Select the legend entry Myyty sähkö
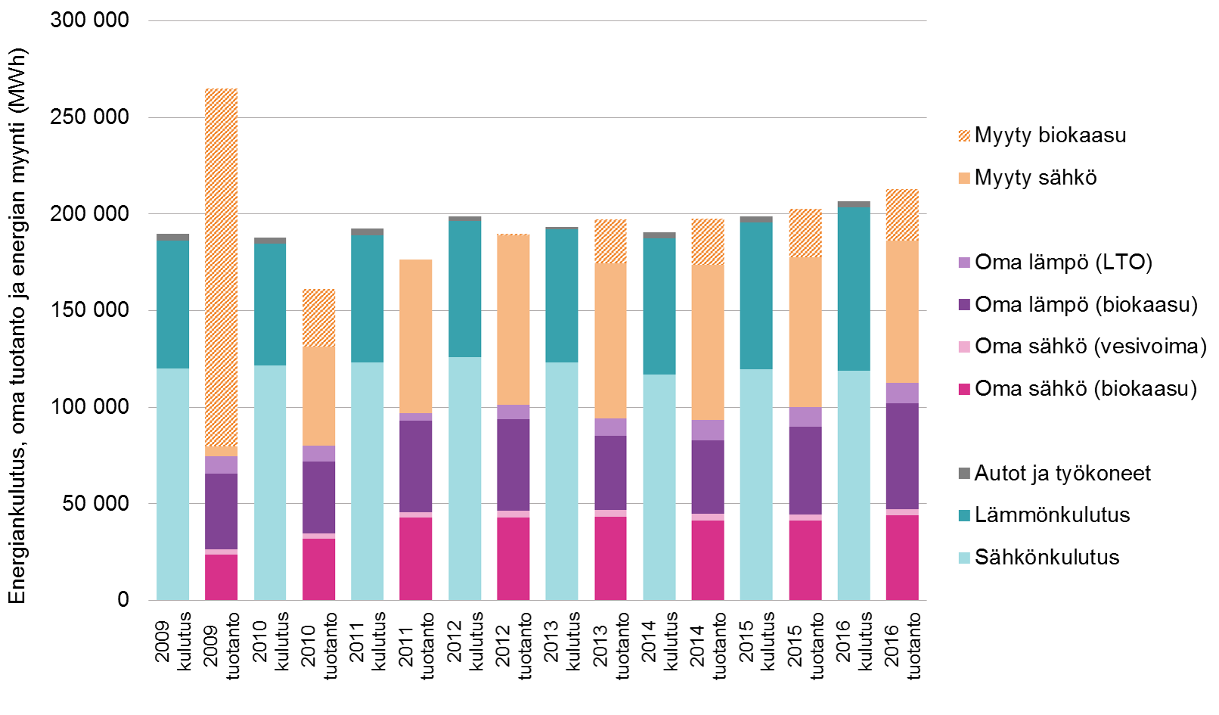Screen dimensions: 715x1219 1035,178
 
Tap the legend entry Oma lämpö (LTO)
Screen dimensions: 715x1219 1062,263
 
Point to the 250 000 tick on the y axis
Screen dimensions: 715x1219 89,117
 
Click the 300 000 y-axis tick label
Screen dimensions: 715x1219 89,20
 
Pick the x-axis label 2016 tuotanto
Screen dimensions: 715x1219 903,645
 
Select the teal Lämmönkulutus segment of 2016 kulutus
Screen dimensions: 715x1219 854,288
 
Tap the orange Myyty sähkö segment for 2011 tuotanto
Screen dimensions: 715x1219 416,336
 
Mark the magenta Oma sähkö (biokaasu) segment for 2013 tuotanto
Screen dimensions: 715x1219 610,558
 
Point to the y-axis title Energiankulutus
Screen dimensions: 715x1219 17,326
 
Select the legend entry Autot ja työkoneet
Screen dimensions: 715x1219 1062,474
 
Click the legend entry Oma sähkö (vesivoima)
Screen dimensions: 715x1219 1090,347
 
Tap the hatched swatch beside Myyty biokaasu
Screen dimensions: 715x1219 964,136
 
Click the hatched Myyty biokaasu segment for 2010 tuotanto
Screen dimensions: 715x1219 318,318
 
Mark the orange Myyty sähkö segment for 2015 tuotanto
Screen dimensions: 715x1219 805,332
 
